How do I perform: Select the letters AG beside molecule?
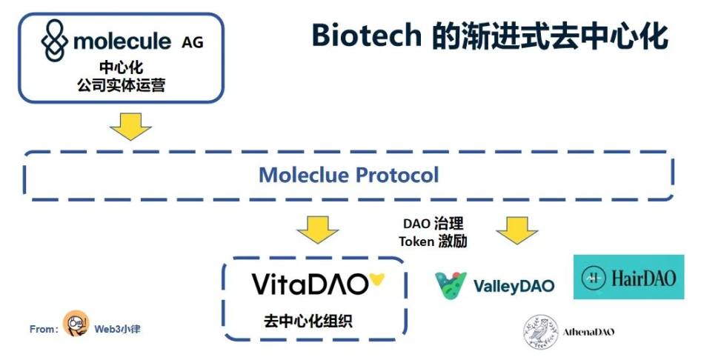click(x=192, y=42)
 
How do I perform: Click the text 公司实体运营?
click(x=121, y=85)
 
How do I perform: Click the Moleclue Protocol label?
click(x=348, y=176)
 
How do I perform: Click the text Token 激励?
click(x=433, y=241)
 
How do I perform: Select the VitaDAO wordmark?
click(x=310, y=284)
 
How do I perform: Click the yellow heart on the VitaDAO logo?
click(x=378, y=280)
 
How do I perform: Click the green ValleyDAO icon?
click(x=451, y=285)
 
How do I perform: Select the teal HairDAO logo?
click(x=628, y=277)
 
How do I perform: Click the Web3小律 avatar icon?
click(x=76, y=324)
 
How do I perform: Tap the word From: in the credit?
click(x=44, y=329)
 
